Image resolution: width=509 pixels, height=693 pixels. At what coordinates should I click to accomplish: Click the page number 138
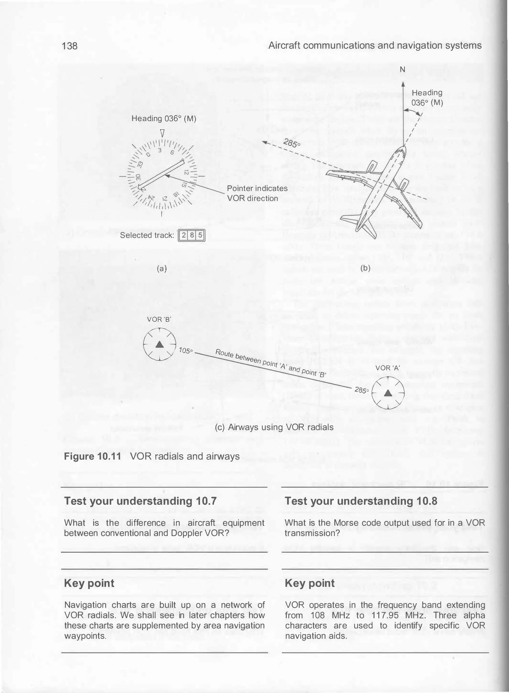(70, 46)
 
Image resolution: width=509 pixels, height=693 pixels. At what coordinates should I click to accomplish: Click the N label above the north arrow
(402, 70)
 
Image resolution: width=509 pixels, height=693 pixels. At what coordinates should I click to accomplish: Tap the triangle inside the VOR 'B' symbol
(159, 345)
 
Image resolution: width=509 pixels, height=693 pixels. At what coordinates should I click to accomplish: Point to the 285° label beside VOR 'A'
(361, 390)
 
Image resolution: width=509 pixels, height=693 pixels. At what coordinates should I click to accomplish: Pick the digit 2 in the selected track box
(184, 236)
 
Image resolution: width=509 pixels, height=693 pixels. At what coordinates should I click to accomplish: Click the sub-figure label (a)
(162, 269)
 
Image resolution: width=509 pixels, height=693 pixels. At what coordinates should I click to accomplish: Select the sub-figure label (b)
(365, 268)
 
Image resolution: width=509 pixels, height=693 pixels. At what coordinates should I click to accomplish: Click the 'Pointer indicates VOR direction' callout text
(257, 193)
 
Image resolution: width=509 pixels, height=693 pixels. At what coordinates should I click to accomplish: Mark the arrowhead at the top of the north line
(403, 84)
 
